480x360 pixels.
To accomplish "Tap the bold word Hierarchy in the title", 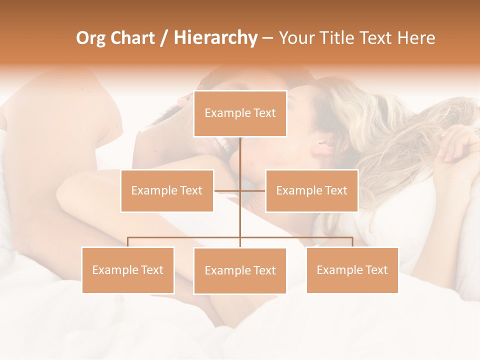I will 215,38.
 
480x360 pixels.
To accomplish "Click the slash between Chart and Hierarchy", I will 164,38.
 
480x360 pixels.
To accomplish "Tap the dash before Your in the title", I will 267,38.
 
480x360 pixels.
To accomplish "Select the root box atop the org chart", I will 240,113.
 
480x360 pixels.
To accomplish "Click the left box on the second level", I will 167,190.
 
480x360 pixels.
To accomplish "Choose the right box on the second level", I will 311,190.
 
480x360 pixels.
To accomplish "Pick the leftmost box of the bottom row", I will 128,270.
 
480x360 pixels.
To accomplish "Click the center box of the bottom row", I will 240,270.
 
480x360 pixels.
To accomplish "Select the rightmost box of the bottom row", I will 352,270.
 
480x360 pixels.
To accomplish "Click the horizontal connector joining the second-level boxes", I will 252,190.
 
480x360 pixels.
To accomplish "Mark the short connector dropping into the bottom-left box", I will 128,242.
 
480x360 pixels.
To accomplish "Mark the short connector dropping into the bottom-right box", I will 352,242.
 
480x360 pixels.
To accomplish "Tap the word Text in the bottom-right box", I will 376,270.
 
